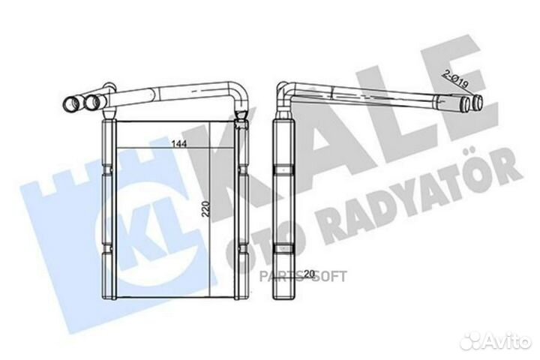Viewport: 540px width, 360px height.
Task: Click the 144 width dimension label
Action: click(179, 143)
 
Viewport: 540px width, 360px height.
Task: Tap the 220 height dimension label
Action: click(205, 208)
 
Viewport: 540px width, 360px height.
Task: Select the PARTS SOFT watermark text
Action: click(303, 276)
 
